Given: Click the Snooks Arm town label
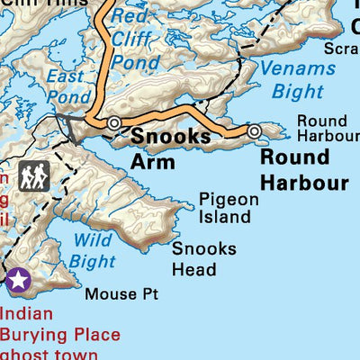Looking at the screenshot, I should point(171,148).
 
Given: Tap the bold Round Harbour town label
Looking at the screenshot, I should point(303,169).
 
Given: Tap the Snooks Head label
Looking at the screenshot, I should point(204,259).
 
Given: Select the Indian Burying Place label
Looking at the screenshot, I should point(59,324).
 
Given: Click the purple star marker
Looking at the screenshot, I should point(19,282).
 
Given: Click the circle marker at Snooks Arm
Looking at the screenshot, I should point(114,122).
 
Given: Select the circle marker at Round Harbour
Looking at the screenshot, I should point(255,131).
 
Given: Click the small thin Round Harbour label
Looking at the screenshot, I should point(328,128).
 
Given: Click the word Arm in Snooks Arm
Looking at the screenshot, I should point(150,161).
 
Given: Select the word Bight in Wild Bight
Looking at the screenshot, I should point(94,261).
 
